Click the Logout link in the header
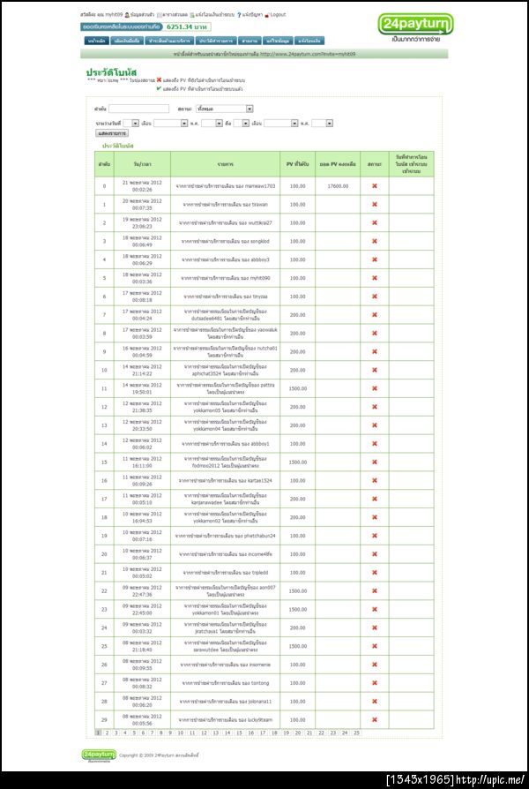277,15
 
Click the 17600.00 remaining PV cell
338,186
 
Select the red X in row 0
374,186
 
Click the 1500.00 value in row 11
297,388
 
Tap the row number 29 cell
104,719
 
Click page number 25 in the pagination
356,733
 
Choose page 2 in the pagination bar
107,733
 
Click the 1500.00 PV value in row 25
297,646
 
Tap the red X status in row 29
374,719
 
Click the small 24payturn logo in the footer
99,755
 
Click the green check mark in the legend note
159,88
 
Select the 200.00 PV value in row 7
297,314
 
